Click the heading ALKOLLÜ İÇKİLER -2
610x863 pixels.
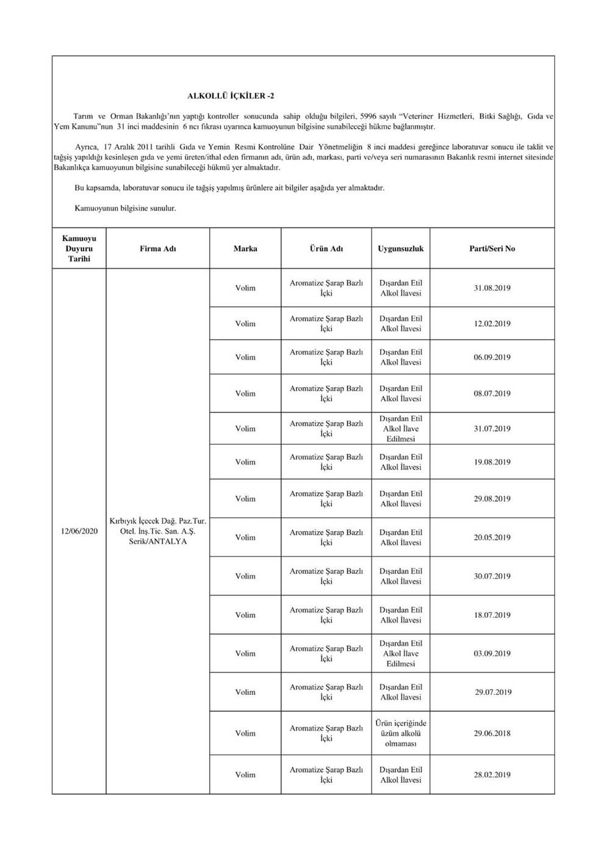(x=234, y=96)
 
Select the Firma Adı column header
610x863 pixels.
(x=158, y=249)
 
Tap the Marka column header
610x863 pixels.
(x=245, y=249)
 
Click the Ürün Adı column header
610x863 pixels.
(x=326, y=249)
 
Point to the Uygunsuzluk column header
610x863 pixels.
(x=401, y=249)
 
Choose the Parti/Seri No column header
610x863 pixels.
(x=492, y=249)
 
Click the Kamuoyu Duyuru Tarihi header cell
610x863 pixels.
(x=79, y=249)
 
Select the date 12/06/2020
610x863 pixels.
(x=79, y=531)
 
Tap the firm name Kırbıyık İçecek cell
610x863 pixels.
(x=158, y=531)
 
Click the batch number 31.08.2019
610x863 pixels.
(x=492, y=288)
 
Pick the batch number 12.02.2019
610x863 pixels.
(x=492, y=324)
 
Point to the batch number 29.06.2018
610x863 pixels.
(x=492, y=734)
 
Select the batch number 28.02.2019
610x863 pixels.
(x=492, y=775)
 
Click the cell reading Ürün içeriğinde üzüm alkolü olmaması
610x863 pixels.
(x=401, y=734)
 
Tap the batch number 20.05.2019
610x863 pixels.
(x=492, y=538)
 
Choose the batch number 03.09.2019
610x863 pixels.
(x=492, y=654)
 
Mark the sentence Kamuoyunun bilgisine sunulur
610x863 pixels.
(x=125, y=209)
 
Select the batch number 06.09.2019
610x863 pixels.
(x=492, y=357)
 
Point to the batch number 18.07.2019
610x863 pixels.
(x=492, y=615)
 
